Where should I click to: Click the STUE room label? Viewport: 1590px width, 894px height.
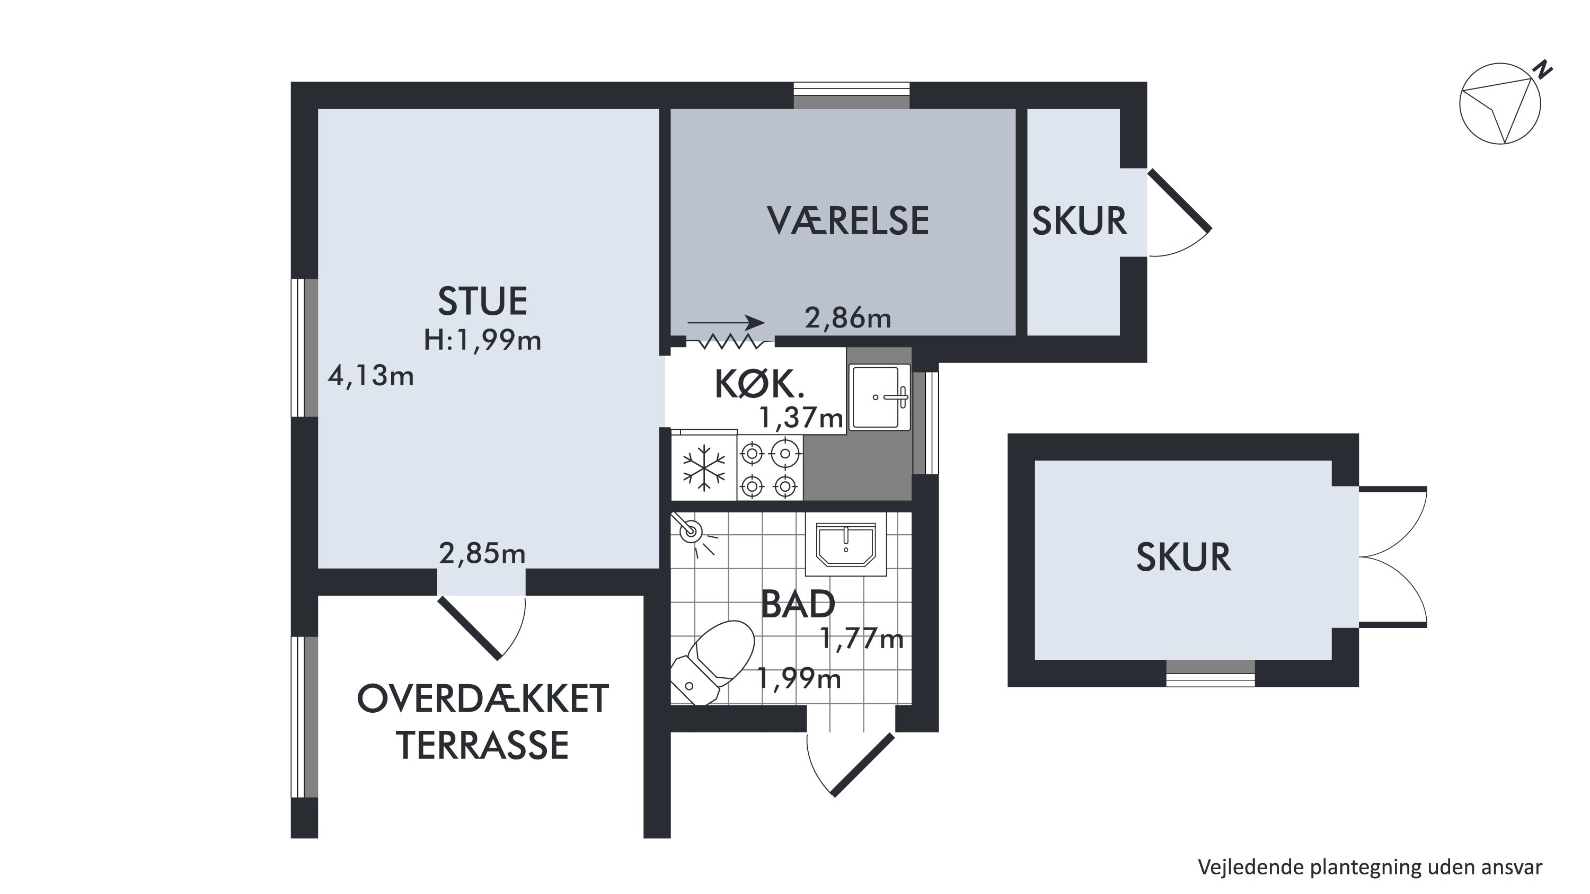[x=482, y=301]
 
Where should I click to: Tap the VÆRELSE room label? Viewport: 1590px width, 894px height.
[x=848, y=221]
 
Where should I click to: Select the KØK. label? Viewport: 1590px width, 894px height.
[x=760, y=384]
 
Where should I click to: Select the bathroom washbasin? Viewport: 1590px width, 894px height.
[x=845, y=544]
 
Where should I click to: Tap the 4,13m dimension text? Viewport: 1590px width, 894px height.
[x=370, y=375]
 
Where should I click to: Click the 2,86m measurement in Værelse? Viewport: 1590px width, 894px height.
[x=848, y=318]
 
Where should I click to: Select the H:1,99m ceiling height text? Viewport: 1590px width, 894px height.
[x=482, y=340]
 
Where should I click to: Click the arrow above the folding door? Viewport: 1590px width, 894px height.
[x=727, y=323]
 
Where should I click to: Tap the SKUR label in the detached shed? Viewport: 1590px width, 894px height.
[x=1183, y=557]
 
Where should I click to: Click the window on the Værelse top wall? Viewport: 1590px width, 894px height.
[x=851, y=95]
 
